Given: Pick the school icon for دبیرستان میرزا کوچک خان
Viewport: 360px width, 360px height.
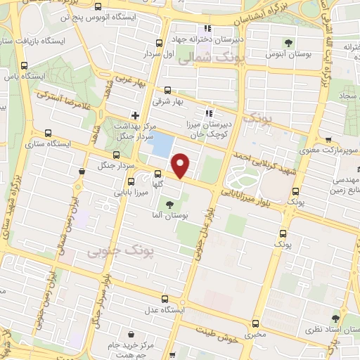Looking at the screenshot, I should [x=208, y=113].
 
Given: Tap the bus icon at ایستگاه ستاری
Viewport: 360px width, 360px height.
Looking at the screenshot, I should [x=48, y=132].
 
